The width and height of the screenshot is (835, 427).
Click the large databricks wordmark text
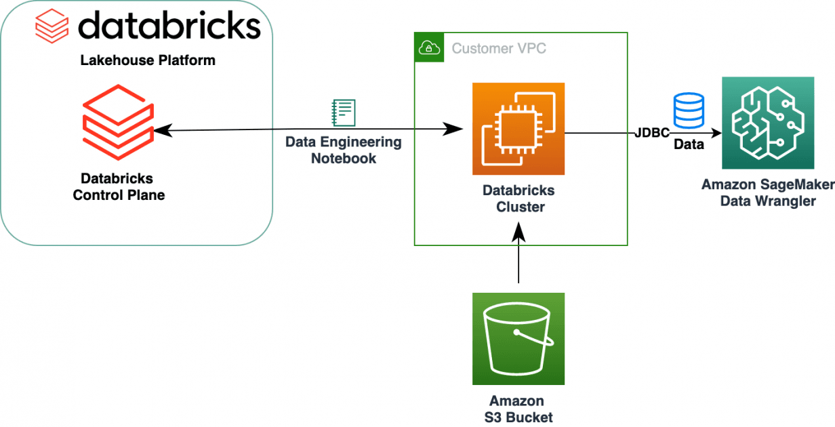coord(169,26)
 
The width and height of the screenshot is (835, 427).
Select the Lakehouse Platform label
coord(148,60)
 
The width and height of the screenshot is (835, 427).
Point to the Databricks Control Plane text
coord(123,187)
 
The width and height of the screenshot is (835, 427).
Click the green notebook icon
coord(343,113)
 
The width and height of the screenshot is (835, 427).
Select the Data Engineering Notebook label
coord(343,150)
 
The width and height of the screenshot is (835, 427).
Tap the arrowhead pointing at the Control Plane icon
coord(159,129)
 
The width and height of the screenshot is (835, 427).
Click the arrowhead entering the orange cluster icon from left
coord(455,129)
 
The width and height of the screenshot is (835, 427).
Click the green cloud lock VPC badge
coord(429,47)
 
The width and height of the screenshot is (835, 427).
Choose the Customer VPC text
coord(499,48)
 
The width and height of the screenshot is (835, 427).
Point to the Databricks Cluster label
coord(518,199)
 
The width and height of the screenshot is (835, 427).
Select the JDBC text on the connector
coord(653,131)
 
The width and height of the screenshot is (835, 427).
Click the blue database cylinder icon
coord(689,109)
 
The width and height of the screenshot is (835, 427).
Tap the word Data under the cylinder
coord(689,144)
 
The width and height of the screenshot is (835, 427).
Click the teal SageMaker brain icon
coord(768,123)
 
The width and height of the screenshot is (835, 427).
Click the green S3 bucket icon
coord(518,339)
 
